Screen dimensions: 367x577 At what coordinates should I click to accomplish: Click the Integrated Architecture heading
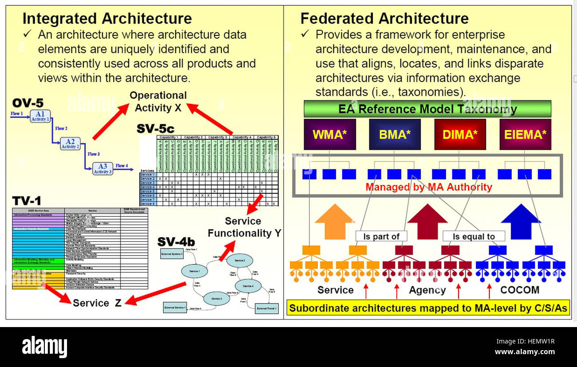pyautogui.click(x=107, y=19)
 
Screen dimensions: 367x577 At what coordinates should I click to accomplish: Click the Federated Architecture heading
pyautogui.click(x=384, y=19)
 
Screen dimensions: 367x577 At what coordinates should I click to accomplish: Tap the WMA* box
pyautogui.click(x=329, y=134)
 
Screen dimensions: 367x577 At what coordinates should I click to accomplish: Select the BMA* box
pyautogui.click(x=395, y=134)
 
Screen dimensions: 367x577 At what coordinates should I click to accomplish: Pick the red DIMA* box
pyautogui.click(x=460, y=134)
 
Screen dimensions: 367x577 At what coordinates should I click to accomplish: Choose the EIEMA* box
pyautogui.click(x=525, y=134)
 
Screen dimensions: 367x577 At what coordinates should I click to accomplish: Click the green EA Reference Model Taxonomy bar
pyautogui.click(x=427, y=109)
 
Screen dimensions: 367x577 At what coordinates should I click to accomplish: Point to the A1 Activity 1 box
pyautogui.click(x=40, y=116)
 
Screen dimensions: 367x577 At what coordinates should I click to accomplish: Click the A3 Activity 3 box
pyautogui.click(x=102, y=169)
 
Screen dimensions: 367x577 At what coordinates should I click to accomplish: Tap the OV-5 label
pyautogui.click(x=28, y=103)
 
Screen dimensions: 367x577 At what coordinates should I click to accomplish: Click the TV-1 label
pyautogui.click(x=27, y=201)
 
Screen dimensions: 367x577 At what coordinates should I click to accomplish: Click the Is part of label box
pyautogui.click(x=381, y=237)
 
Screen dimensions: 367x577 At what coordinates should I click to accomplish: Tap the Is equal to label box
pyautogui.click(x=474, y=237)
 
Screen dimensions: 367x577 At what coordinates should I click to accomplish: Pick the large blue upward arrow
pyautogui.click(x=520, y=221)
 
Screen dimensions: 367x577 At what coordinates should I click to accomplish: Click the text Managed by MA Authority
pyautogui.click(x=429, y=187)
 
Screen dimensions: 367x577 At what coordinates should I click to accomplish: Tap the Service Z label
pyautogui.click(x=97, y=303)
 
